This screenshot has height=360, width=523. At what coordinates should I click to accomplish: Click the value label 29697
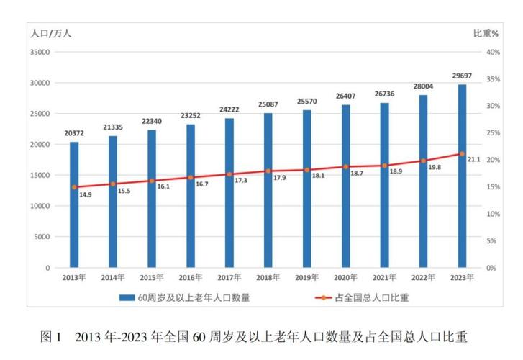click(x=462, y=76)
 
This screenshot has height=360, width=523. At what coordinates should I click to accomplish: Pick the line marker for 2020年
click(x=345, y=167)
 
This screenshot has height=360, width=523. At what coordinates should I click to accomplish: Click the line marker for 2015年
click(x=152, y=181)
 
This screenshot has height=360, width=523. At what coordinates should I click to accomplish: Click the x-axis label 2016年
click(x=190, y=277)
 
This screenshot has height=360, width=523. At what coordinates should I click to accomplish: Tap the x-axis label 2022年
click(x=423, y=277)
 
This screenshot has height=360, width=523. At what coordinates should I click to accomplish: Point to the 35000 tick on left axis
click(x=37, y=53)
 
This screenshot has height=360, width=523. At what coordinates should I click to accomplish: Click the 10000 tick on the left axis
click(x=37, y=206)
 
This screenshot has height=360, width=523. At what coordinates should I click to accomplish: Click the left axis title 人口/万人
click(x=50, y=33)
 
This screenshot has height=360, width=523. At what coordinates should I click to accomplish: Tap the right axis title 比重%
click(x=486, y=33)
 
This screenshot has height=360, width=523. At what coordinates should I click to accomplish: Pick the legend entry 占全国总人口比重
click(x=368, y=296)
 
